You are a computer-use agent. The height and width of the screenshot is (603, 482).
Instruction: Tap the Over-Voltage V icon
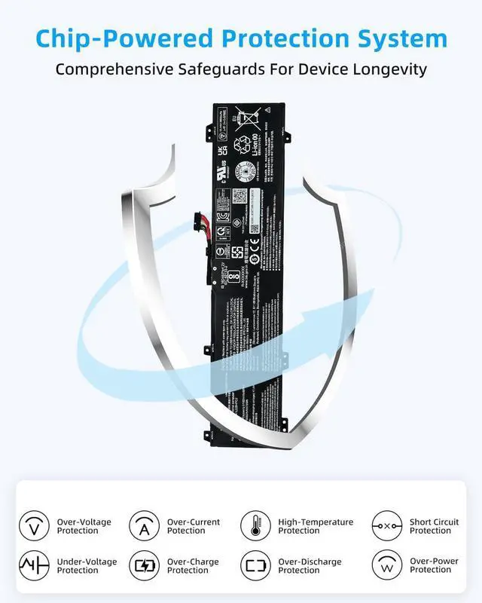[x=34, y=525]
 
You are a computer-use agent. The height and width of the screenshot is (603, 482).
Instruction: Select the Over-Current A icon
[x=144, y=525]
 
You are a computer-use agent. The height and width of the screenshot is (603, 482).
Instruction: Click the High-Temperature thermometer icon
[x=255, y=525]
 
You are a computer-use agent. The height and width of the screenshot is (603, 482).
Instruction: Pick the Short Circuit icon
[x=386, y=525]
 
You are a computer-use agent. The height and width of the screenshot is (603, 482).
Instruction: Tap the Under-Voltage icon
[x=34, y=565]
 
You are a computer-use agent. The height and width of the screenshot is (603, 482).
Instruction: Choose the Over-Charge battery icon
[x=144, y=565]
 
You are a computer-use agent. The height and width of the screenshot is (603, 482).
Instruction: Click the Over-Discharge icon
[x=255, y=565]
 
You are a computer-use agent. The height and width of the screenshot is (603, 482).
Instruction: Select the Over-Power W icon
[x=386, y=565]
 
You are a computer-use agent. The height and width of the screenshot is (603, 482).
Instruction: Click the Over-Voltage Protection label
[x=84, y=526]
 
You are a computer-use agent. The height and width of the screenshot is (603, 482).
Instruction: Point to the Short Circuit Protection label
[x=434, y=526]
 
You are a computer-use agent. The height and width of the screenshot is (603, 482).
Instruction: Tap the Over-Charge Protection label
[x=193, y=566]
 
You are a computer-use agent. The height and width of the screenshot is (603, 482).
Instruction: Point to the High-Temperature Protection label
[x=316, y=526]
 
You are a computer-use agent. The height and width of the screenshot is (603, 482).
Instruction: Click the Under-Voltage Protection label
[x=84, y=566]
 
